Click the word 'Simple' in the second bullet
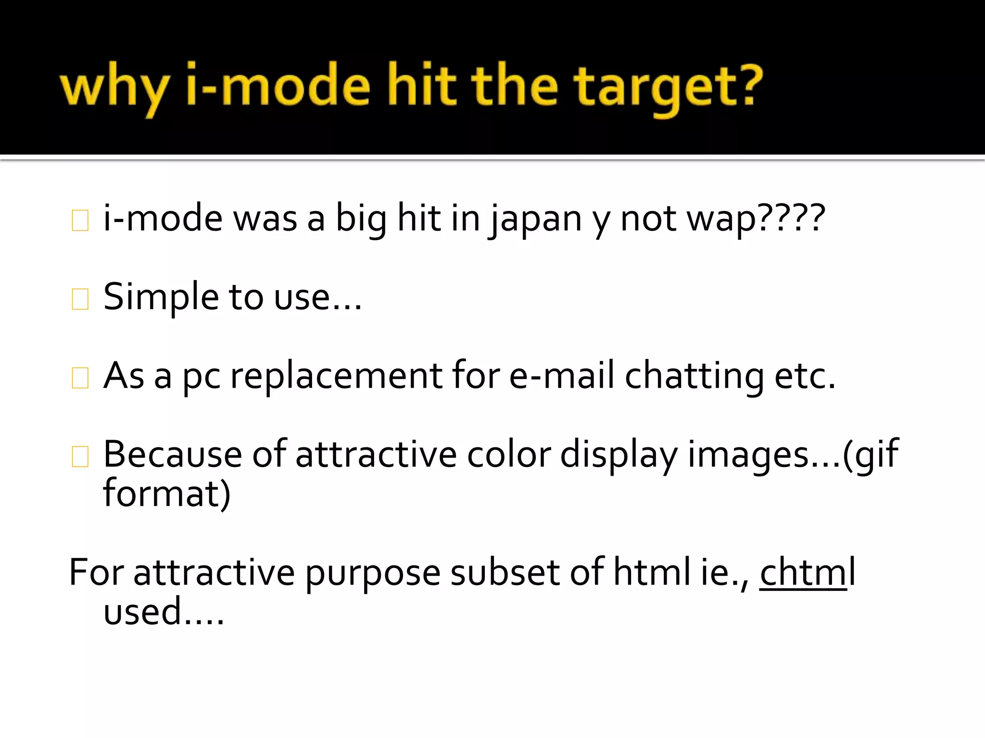click(161, 297)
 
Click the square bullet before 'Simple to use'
click(80, 299)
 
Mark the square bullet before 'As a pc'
click(80, 378)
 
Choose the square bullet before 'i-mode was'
click(80, 221)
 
